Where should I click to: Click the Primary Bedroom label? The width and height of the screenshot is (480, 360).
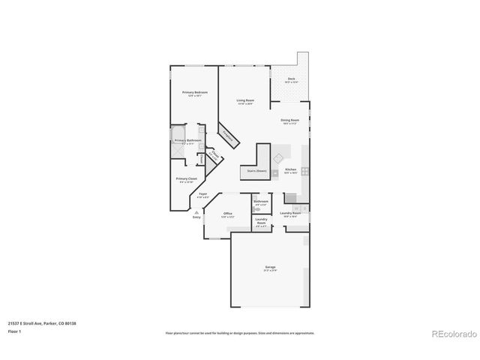[195, 92]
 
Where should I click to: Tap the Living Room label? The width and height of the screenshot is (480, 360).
[244, 100]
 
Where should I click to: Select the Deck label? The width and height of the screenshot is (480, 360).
[290, 78]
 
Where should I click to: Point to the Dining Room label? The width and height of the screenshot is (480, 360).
[289, 120]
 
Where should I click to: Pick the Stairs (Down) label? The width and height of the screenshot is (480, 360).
[256, 171]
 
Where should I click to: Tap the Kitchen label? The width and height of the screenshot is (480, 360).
[290, 169]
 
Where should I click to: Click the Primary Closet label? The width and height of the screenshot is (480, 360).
[187, 178]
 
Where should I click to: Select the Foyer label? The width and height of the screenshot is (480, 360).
[202, 194]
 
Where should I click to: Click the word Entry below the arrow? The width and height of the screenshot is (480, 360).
[196, 217]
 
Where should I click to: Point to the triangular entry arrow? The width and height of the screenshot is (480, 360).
[196, 212]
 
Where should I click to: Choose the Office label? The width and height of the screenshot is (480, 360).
[228, 214]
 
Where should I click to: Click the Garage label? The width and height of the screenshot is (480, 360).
[269, 267]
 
